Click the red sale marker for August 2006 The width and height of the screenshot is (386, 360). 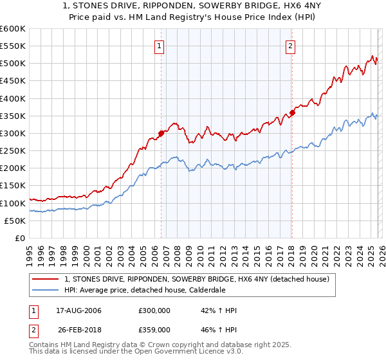161,134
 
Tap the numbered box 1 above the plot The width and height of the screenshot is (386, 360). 159,46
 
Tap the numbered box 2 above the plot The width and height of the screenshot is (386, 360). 291,46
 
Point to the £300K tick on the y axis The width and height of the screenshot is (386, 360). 13,134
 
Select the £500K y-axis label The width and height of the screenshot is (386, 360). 13,64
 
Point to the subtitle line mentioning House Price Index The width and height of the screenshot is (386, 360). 193,18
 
